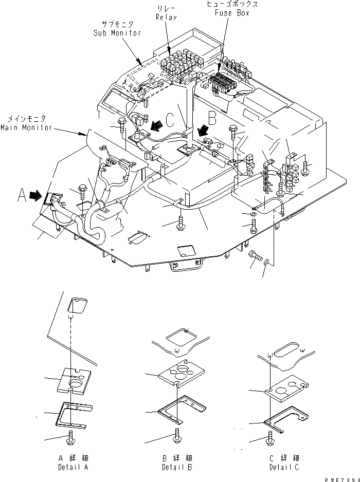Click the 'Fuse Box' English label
click(x=233, y=13)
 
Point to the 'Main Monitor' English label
click(x=27, y=127)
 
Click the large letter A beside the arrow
click(x=22, y=195)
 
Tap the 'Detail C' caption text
click(x=284, y=468)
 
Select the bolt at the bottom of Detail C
click(x=269, y=438)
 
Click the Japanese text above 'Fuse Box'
click(x=232, y=4)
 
